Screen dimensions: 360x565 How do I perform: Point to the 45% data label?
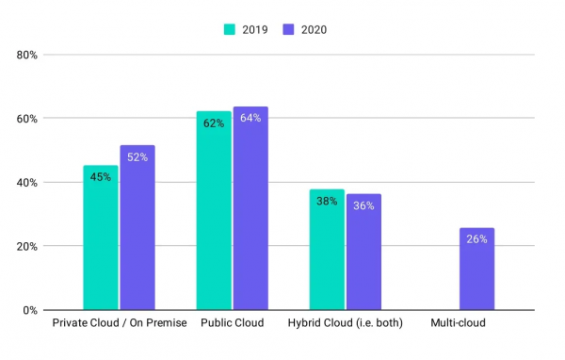(x=101, y=176)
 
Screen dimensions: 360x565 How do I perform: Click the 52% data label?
(x=137, y=156)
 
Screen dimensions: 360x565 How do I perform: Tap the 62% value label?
(x=214, y=123)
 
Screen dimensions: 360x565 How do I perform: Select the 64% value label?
(x=250, y=118)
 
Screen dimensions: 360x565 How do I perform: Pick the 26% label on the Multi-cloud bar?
(x=476, y=239)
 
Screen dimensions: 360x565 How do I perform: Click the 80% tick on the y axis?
(x=26, y=55)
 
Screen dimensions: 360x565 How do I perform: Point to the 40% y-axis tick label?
(x=26, y=183)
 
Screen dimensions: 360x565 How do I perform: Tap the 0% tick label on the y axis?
(x=29, y=310)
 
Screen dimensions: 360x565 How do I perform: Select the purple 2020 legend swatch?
(x=289, y=29)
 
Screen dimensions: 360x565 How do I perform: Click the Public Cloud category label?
(x=232, y=324)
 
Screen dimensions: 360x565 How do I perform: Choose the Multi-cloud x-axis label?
(x=458, y=324)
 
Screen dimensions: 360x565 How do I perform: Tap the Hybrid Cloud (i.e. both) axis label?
(x=346, y=324)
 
